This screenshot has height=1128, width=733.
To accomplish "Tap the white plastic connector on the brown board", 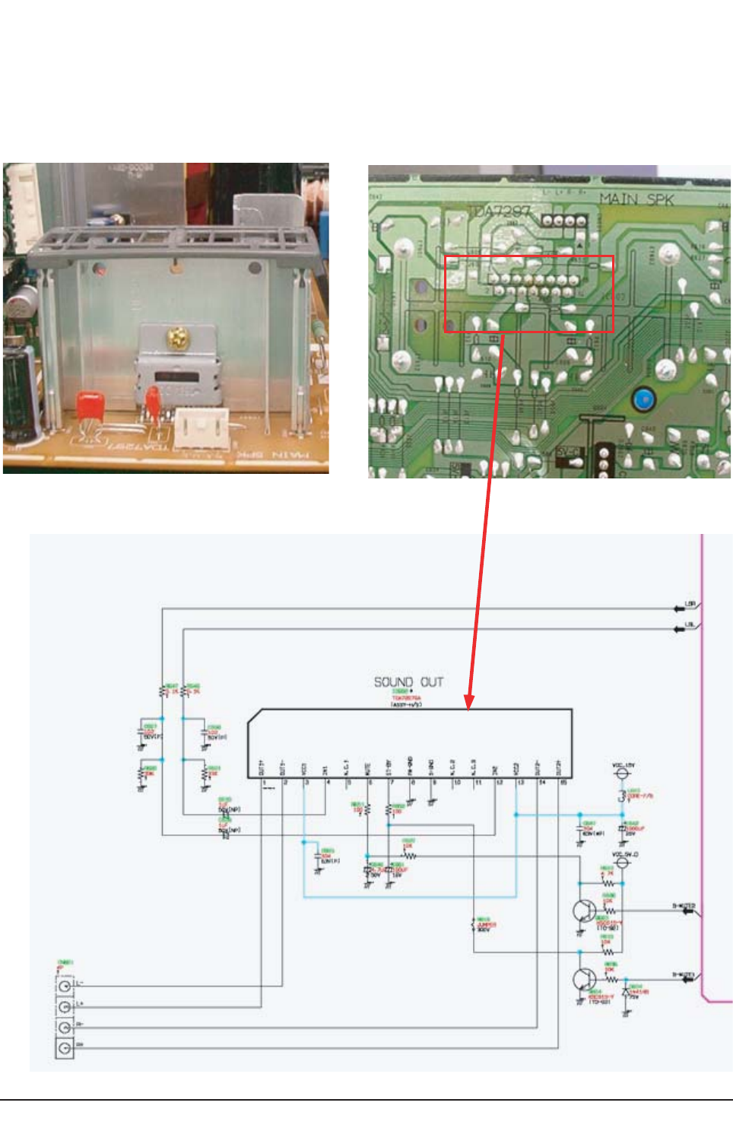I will coord(201,427).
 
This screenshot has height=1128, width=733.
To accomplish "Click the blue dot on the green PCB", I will coord(643,399).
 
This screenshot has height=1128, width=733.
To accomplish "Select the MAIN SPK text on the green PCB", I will coord(636,199).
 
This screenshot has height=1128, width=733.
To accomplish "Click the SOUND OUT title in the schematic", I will coord(408,682).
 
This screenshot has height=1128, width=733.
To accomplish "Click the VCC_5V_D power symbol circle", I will coord(621,863).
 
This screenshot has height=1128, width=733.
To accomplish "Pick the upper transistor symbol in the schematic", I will coord(584,910).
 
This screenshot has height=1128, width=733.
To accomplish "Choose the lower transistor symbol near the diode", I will coord(584,979).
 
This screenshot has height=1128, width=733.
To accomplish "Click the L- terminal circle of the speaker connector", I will coord(65,986).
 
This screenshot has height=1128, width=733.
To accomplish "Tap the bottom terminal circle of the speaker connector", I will coord(65,1049).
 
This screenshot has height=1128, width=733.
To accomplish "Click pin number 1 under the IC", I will coord(264,782).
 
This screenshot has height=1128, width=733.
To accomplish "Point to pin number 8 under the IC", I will coord(413,782).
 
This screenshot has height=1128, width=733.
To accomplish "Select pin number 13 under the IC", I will coord(520,782).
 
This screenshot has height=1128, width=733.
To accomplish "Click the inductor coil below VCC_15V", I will coord(621,796).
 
